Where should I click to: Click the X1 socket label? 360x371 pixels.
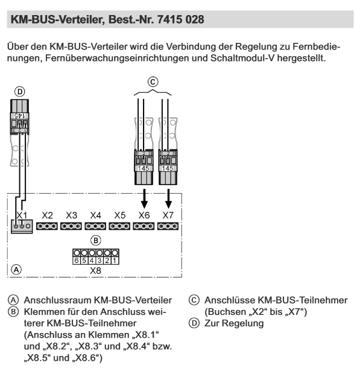pos(22,215)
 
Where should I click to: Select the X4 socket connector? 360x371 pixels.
pos(95,226)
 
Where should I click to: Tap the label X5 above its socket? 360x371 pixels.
pos(119,215)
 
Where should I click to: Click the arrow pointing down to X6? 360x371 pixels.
pos(144,198)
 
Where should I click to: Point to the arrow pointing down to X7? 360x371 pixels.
pos(168,198)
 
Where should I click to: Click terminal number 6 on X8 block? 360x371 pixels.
pos(77,261)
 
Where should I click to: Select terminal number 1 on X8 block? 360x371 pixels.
pos(115,261)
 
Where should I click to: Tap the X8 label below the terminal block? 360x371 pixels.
pos(95,270)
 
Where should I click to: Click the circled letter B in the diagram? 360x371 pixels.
pos(96,241)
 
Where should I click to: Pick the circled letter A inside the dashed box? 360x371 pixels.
pos(16,270)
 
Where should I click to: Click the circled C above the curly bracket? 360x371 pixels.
pos(153,82)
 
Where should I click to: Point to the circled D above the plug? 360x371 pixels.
pos(20,92)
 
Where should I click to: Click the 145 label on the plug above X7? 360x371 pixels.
pos(168,168)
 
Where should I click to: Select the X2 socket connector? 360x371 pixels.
pos(47,226)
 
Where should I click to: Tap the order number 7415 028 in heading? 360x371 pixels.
pos(180,19)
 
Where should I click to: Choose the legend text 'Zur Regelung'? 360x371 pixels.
pos(234,323)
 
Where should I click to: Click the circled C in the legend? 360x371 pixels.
pos(194,300)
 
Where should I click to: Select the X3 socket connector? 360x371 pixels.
pos(71,226)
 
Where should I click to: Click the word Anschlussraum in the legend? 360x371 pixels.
pos(57,300)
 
